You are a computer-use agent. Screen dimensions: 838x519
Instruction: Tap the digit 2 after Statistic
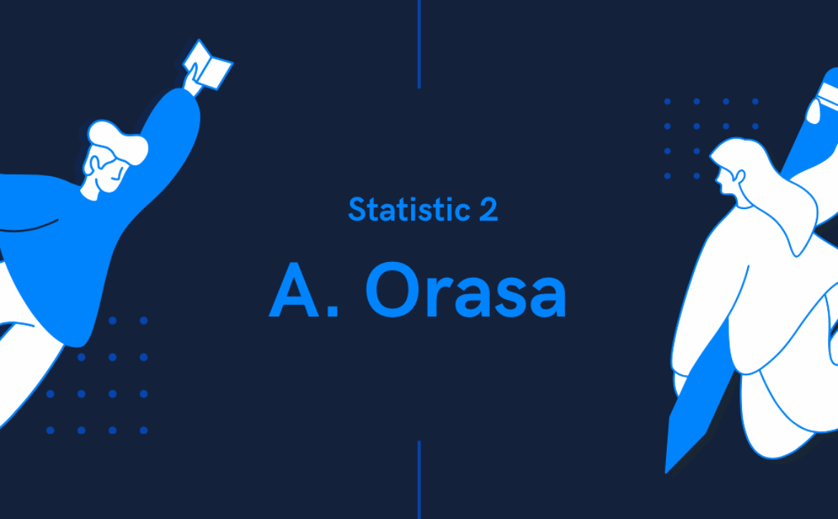(x=488, y=209)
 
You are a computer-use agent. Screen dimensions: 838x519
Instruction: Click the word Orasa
(x=466, y=290)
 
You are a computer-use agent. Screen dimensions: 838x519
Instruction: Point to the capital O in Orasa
(x=392, y=290)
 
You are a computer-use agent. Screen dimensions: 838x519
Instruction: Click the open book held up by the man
(x=208, y=64)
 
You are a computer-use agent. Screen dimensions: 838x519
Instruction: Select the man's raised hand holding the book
(x=191, y=80)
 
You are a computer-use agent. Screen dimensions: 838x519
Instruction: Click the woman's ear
(x=740, y=175)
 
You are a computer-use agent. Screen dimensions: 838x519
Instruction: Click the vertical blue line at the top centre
(x=419, y=44)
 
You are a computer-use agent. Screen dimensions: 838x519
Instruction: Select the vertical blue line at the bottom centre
(x=419, y=480)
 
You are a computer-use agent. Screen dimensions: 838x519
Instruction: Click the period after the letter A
(x=332, y=310)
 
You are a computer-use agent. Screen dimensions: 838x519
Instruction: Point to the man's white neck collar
(x=90, y=193)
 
